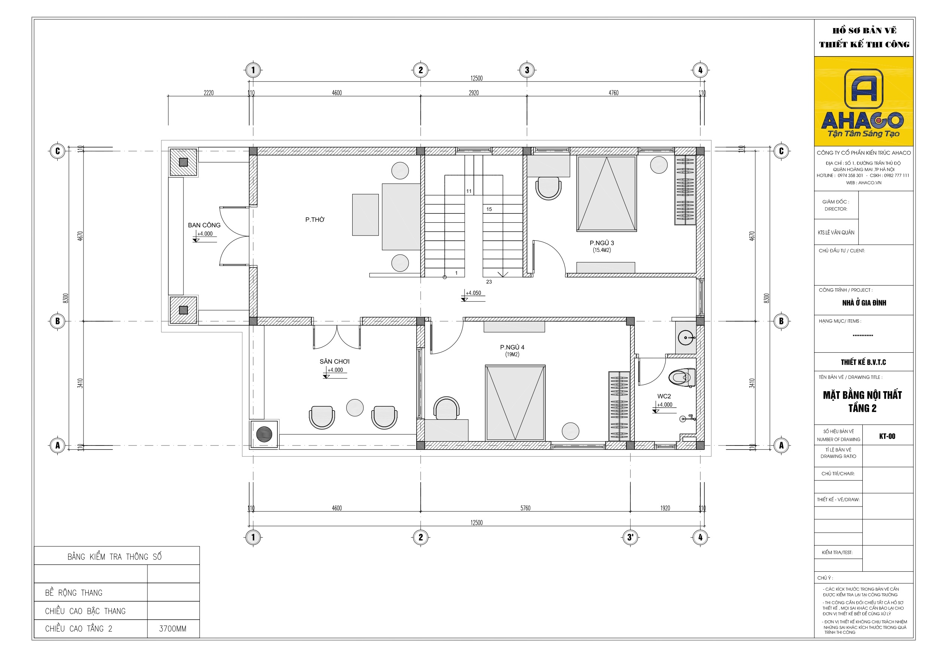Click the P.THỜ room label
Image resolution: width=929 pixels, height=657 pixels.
(x=315, y=219)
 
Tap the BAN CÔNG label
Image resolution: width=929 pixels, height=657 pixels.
(x=204, y=225)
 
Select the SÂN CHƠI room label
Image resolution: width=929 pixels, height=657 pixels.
(x=334, y=362)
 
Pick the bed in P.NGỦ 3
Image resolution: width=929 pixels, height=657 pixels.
(x=606, y=194)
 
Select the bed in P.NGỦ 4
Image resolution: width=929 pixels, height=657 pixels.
(x=515, y=403)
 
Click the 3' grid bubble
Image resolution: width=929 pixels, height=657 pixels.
(x=630, y=537)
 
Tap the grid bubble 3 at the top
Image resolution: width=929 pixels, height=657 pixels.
(x=527, y=70)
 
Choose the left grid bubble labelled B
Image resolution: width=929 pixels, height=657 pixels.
(x=58, y=321)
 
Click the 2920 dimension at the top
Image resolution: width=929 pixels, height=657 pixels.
(x=473, y=93)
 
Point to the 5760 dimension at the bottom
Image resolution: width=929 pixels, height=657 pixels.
(x=525, y=508)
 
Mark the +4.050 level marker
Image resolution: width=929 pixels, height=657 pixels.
(x=473, y=295)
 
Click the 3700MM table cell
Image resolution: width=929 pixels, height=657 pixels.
(x=173, y=629)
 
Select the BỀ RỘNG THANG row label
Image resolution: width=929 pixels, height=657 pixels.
(x=74, y=593)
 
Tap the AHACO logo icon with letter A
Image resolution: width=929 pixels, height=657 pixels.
(x=863, y=89)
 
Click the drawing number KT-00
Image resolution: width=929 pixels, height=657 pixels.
(x=887, y=437)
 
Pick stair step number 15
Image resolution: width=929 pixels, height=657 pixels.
(x=489, y=209)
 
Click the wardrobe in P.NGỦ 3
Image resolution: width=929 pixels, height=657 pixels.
(x=685, y=190)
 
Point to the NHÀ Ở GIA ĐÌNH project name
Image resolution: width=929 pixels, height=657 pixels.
(x=864, y=303)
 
